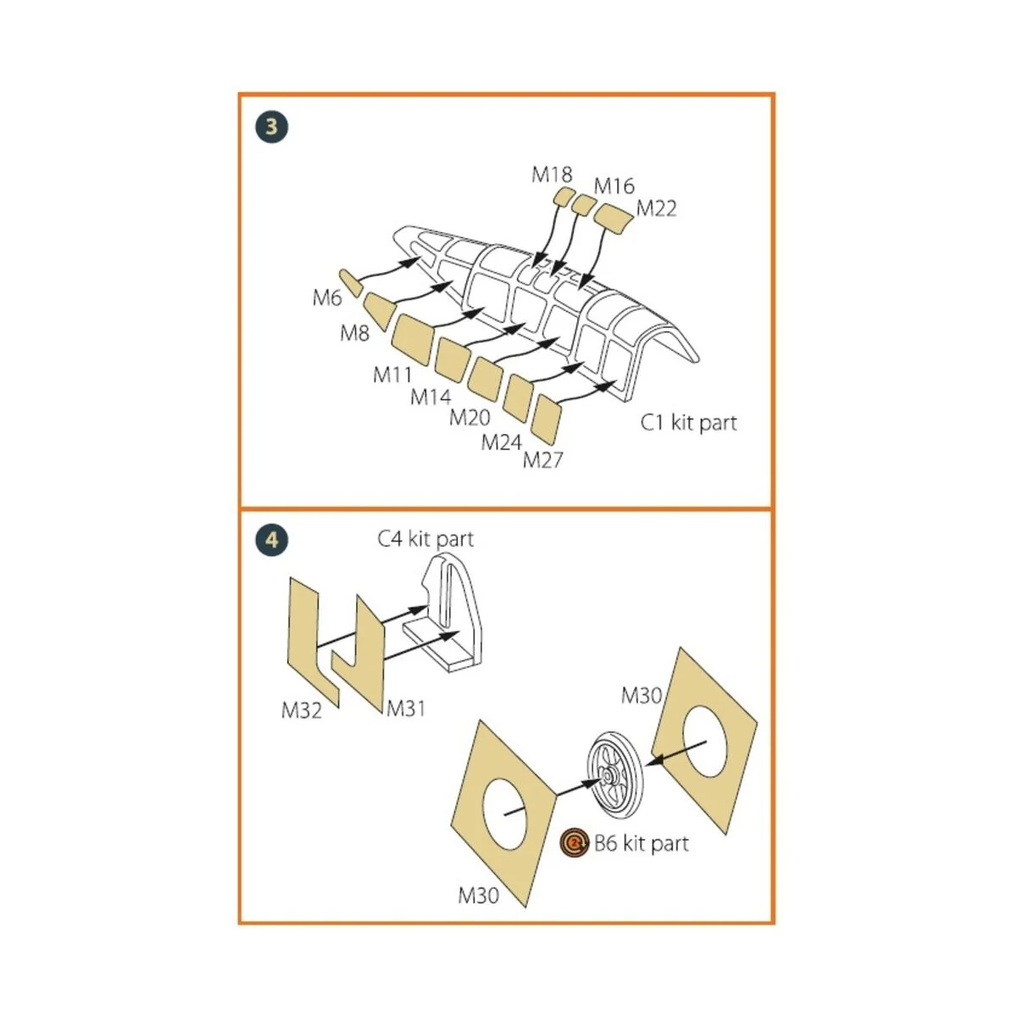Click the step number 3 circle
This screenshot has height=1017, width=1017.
271,127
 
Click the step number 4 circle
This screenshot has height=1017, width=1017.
271,540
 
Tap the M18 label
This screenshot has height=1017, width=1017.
552,175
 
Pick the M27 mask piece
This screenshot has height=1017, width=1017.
547,420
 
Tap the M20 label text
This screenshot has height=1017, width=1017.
470,417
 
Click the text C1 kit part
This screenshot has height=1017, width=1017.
688,422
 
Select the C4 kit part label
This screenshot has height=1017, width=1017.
425,539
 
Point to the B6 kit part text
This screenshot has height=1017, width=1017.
641,843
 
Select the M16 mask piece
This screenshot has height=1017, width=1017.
583,204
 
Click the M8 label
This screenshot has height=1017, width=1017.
354,333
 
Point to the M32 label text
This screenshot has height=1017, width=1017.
302,710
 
